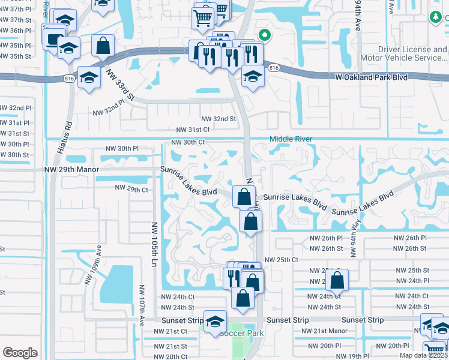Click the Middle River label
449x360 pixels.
point(291,139)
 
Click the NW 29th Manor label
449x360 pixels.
point(71,170)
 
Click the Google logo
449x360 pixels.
point(20,353)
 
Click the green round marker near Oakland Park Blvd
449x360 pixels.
point(262,35)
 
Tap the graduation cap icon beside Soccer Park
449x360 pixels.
point(215,320)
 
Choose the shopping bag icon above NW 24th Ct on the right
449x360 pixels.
point(339,280)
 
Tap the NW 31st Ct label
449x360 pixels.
point(193,130)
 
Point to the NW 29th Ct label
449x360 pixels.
point(131,190)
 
